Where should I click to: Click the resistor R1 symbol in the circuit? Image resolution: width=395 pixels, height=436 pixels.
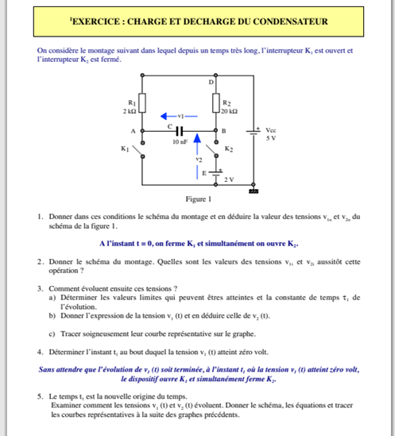pos(142,102)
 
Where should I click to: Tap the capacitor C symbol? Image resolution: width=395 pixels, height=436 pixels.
pos(179,130)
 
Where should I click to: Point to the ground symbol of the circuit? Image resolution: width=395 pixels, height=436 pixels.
pos(254,191)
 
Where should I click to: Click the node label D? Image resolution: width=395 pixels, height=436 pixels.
pos(211,83)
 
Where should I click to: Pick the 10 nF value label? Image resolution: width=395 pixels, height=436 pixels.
pos(180,141)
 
